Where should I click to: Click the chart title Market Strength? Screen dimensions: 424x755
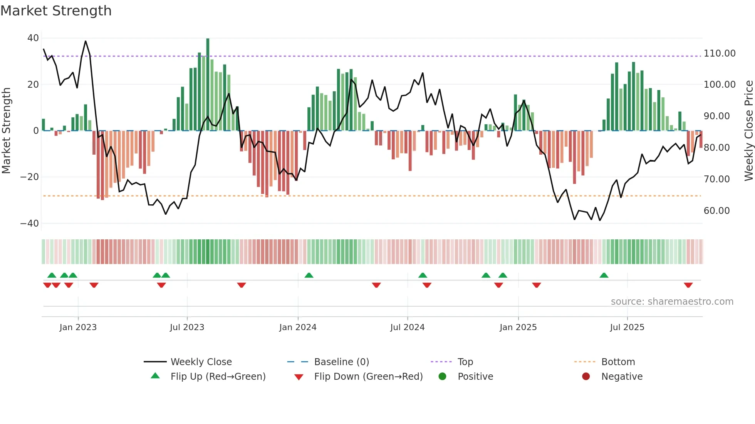coord(56,11)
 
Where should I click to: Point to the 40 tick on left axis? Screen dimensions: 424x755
coord(33,38)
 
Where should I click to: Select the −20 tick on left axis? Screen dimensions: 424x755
coord(30,177)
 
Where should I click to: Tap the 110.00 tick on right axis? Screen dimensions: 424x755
coord(720,53)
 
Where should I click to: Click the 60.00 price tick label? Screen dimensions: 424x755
coord(717,211)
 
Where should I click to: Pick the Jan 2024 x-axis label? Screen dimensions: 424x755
coord(298,327)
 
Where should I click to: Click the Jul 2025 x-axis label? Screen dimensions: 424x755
coord(627,327)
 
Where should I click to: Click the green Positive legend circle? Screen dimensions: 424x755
coord(443,377)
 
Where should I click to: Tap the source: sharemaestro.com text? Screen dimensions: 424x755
coord(672,302)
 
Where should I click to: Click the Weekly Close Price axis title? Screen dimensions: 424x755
coord(748,131)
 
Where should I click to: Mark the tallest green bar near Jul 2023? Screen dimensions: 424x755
coord(208,85)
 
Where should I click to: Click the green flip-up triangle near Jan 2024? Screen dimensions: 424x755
coord(309,275)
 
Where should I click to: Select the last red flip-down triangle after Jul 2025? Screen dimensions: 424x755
coord(688,285)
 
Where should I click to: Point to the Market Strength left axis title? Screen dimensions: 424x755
coord(6,131)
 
